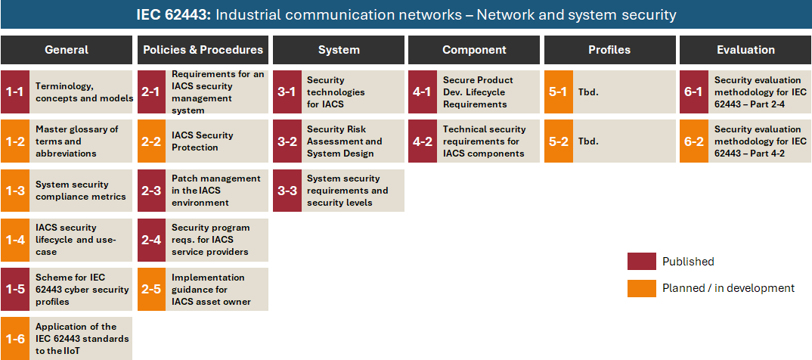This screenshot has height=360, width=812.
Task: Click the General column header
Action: pos(67,50)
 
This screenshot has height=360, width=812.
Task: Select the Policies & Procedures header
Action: pos(203,50)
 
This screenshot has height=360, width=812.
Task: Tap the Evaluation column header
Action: pos(745,50)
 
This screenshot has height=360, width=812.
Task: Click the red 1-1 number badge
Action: pos(15,92)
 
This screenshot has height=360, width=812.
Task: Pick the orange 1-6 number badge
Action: pos(15,339)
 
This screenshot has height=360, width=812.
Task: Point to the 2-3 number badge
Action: pos(151,191)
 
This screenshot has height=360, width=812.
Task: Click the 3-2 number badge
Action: pos(287,141)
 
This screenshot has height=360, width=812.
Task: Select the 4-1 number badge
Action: pos(423,92)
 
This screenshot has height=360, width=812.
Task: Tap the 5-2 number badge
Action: pos(558,141)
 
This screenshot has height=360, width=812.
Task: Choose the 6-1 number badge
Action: pos(694,92)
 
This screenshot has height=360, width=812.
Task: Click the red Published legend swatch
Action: pos(641,262)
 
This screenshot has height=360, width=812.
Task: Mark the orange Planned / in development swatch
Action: pos(641,288)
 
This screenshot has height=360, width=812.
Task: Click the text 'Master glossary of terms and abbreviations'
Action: pos(77,141)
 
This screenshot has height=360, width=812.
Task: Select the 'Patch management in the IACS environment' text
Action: pos(216,191)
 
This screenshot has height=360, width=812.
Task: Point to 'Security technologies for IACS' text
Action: pos(336,92)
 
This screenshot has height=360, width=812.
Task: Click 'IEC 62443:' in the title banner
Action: pos(174,15)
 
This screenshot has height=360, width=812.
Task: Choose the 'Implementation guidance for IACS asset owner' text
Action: pos(211,290)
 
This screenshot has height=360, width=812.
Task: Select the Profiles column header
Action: pos(609,50)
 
